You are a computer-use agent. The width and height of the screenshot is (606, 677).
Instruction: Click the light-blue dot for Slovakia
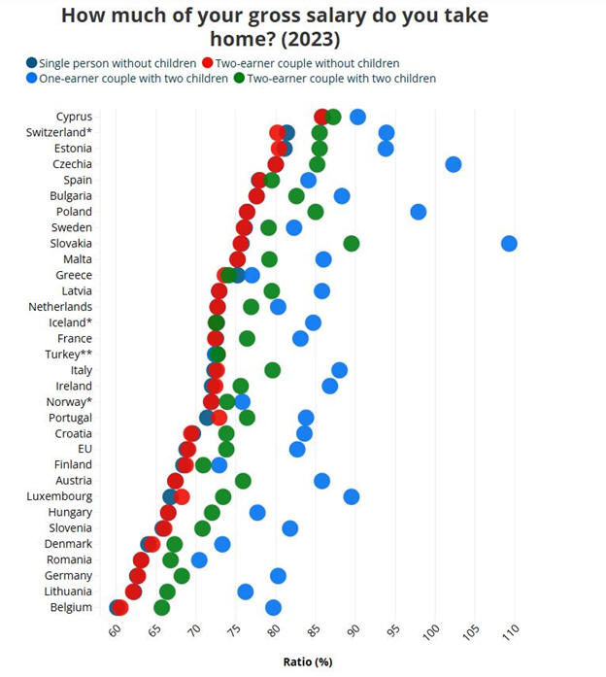coord(509,243)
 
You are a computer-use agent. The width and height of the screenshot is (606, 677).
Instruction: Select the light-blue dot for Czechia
coord(454,164)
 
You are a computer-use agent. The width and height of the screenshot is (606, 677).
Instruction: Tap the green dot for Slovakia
coord(352,243)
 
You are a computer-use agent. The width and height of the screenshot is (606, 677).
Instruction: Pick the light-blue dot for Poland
coord(419,212)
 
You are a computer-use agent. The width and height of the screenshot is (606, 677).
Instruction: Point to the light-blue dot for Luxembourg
coord(352,496)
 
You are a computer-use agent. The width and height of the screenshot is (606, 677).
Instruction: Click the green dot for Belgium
coord(161,608)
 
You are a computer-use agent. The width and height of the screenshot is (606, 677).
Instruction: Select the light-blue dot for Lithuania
coord(246,592)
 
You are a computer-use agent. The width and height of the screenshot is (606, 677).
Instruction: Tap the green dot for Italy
coord(273,370)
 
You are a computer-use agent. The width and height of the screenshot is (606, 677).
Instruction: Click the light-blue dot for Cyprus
coord(357,117)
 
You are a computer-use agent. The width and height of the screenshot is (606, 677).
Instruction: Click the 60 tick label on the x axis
coord(114,633)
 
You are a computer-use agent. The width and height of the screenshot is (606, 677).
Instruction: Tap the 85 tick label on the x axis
coord(313,633)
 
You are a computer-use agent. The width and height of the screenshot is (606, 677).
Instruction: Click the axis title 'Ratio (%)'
coord(308,661)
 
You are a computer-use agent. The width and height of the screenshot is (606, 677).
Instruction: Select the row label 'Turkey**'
coord(71,355)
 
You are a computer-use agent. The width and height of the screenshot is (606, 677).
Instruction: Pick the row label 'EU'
coord(84,449)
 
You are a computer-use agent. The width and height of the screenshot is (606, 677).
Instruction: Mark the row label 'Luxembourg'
coord(60,496)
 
